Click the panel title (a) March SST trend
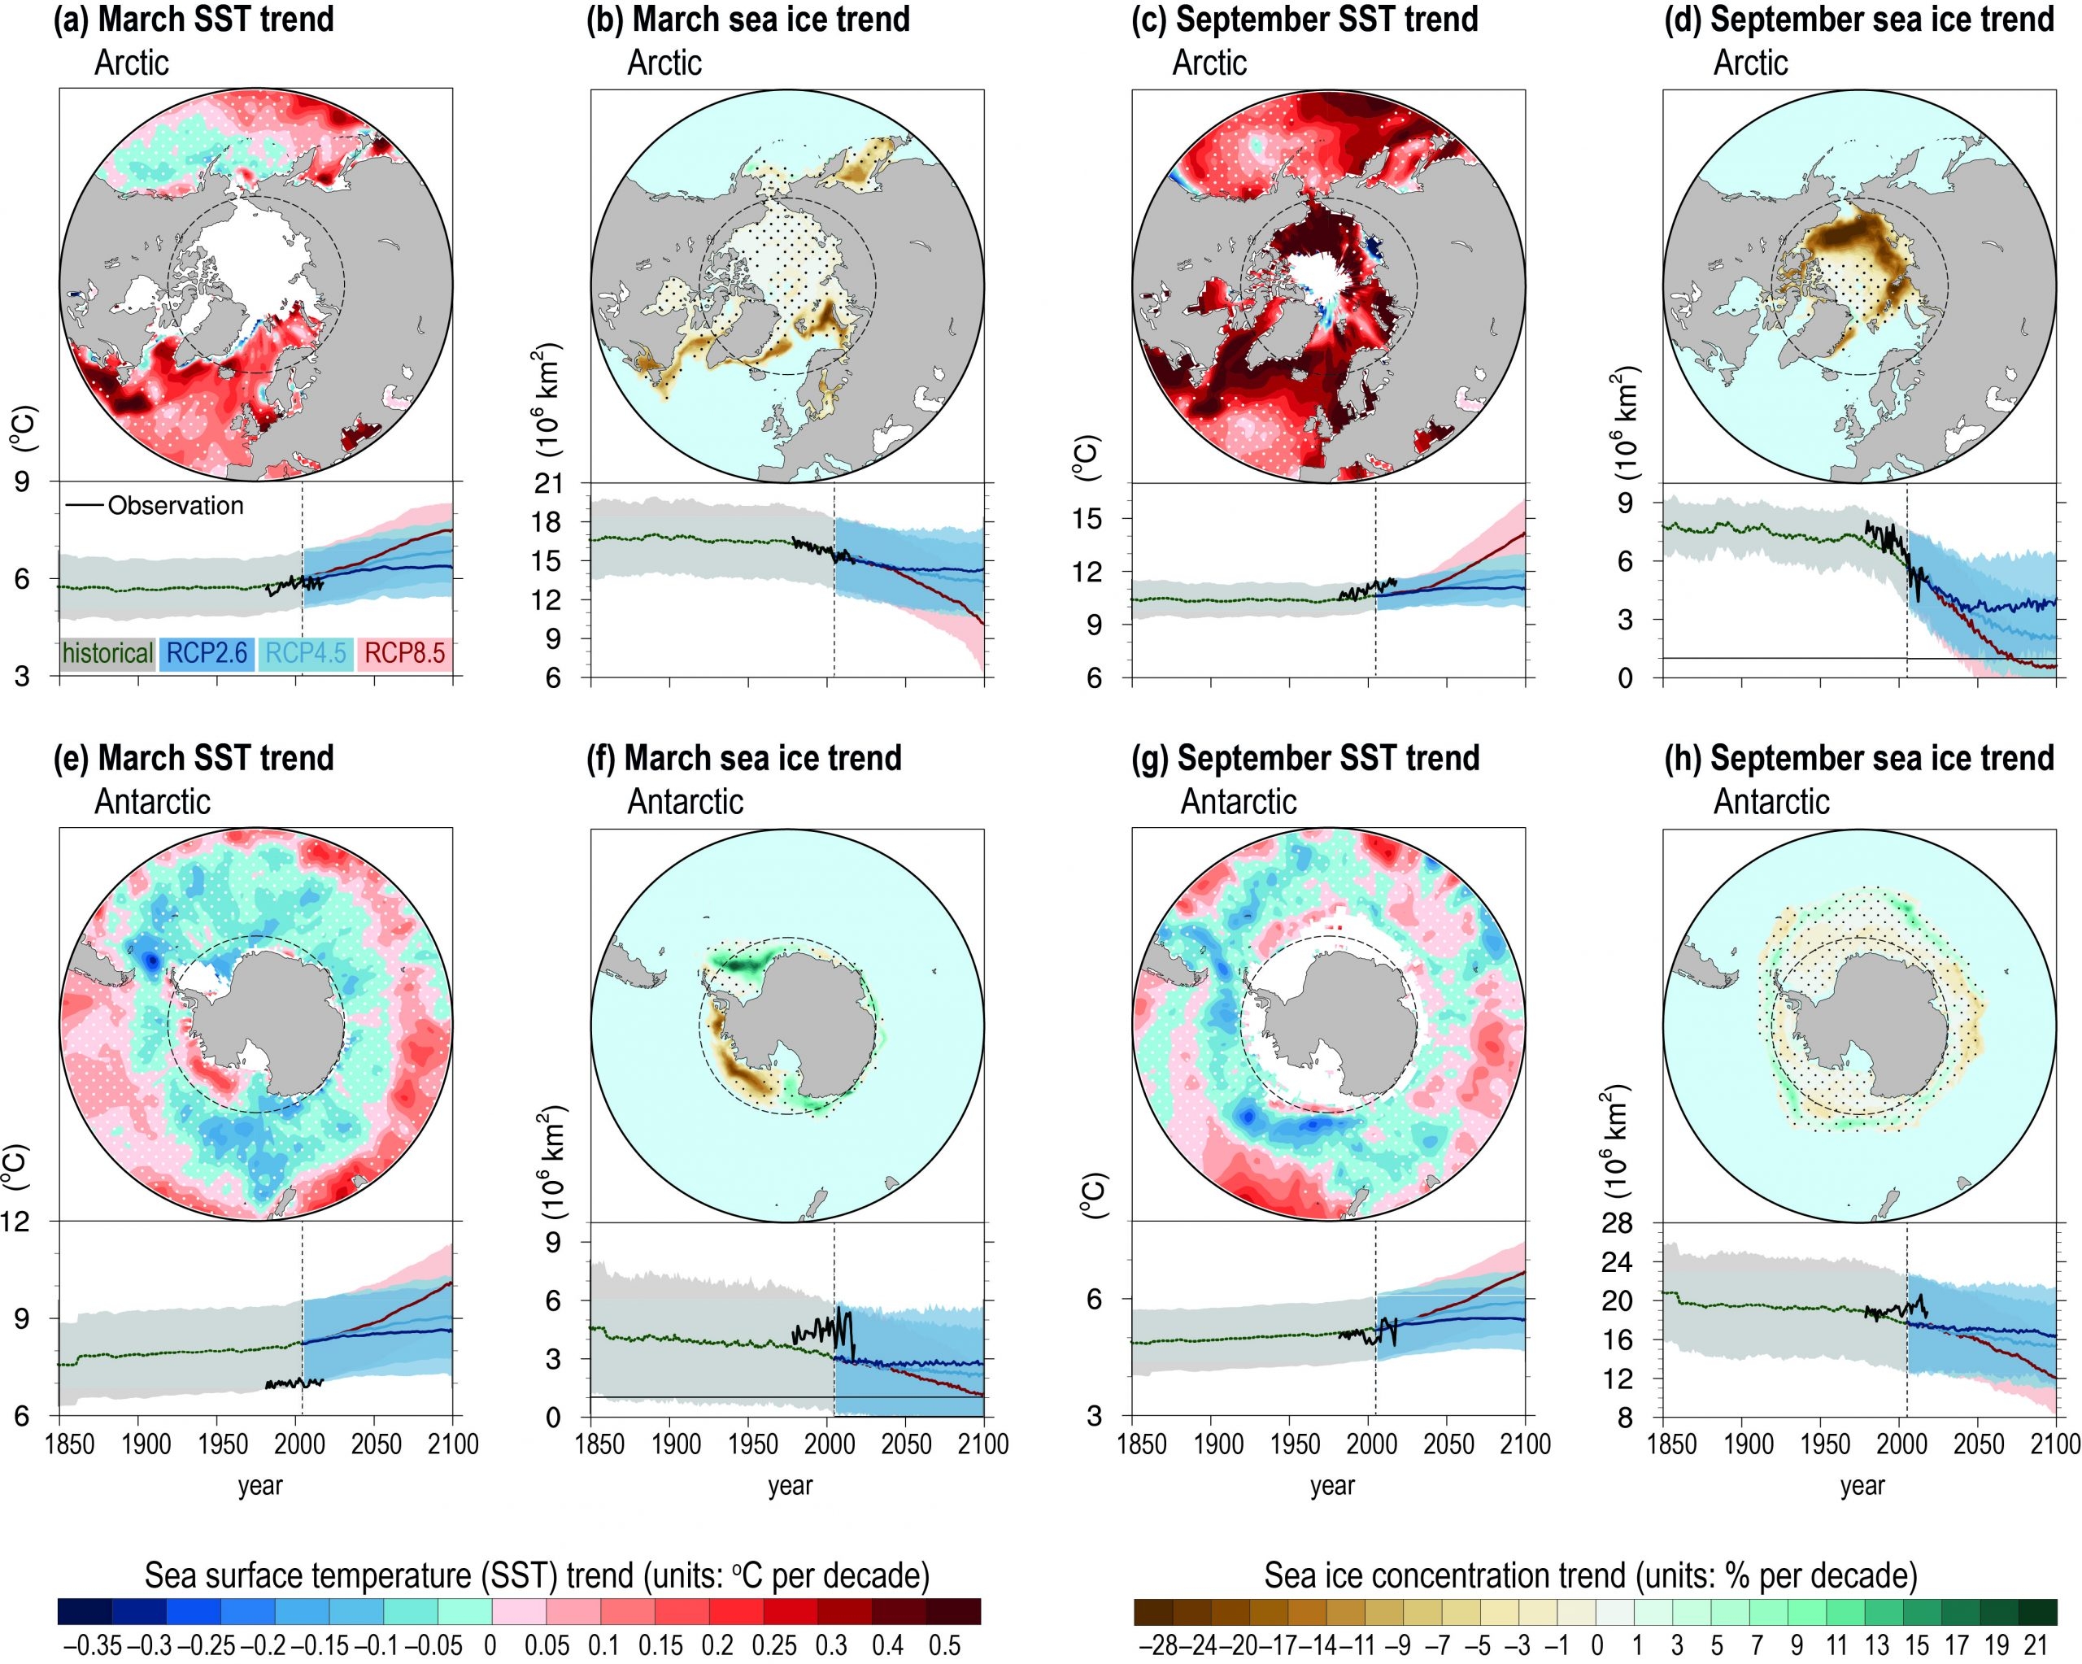click(193, 20)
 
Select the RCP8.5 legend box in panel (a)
click(405, 654)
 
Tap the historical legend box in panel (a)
click(107, 654)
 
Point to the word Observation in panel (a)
click(175, 506)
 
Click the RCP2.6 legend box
click(206, 654)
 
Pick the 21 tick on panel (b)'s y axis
click(547, 484)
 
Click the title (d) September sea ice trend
click(1859, 20)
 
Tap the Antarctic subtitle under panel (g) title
click(1238, 802)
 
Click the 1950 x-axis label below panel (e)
click(223, 1444)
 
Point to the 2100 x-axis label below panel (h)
click(2057, 1444)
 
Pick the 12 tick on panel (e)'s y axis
click(20, 1222)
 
